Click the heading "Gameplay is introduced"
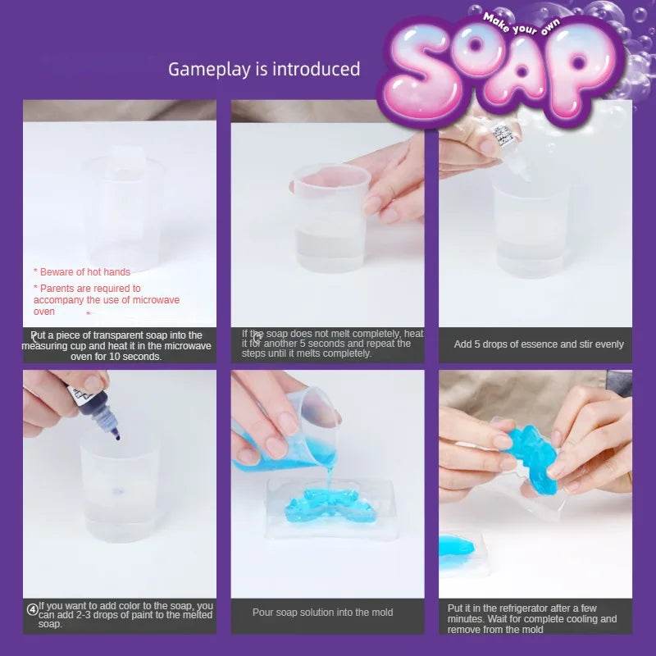click(x=264, y=69)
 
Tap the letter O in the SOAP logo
click(x=486, y=69)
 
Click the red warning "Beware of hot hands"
click(x=81, y=271)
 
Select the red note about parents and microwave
click(x=106, y=299)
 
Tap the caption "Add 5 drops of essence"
click(x=539, y=344)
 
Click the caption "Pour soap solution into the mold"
click(x=322, y=613)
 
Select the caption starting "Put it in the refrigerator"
click(x=532, y=618)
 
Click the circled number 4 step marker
click(x=32, y=608)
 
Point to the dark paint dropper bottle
click(x=91, y=402)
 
